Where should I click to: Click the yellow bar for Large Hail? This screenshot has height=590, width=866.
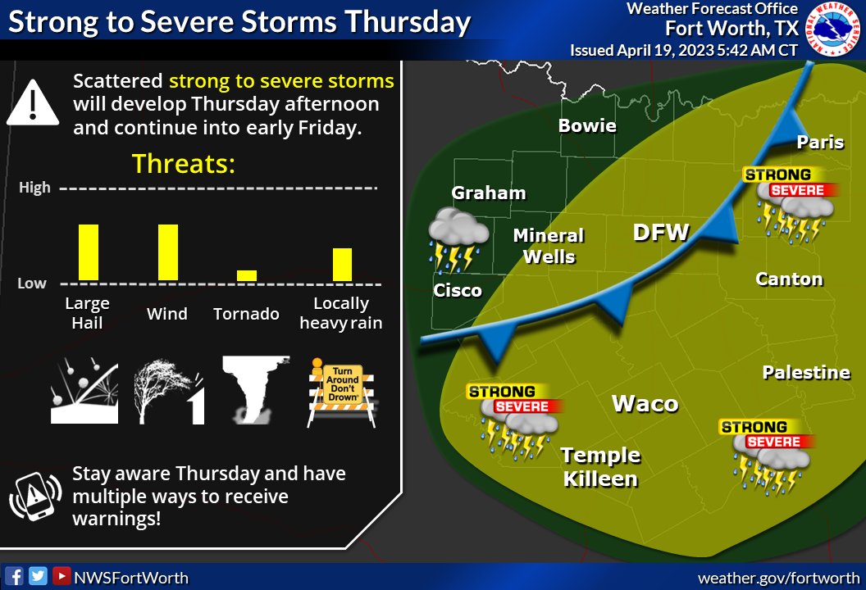(89, 252)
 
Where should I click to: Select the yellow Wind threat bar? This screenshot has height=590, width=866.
(168, 252)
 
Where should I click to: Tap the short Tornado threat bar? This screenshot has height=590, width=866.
(247, 275)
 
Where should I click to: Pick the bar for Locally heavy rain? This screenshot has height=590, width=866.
(342, 264)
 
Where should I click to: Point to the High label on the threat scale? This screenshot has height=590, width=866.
(35, 188)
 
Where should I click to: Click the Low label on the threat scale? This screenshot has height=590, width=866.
(33, 284)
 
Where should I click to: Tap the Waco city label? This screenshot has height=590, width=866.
(645, 403)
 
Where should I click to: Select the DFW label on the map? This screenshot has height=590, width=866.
(661, 233)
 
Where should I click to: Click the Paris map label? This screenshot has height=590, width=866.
(820, 143)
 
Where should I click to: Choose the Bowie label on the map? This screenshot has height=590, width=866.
(587, 125)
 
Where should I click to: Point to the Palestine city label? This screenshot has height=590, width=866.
(806, 373)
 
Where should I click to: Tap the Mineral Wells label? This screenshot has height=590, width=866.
(549, 246)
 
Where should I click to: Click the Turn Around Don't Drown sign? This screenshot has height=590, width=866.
(342, 391)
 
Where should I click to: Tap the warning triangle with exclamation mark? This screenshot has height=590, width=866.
(32, 103)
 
